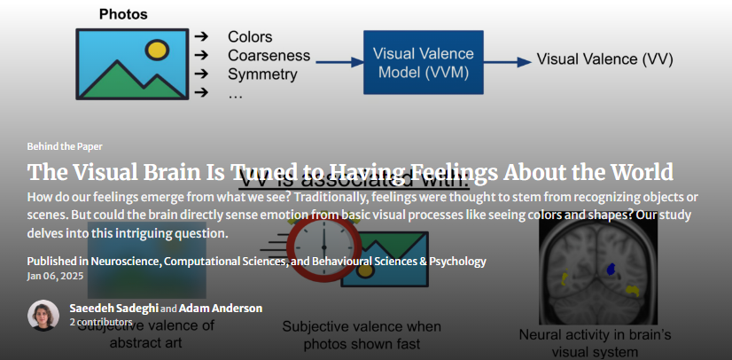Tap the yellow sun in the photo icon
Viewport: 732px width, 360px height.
(x=157, y=48)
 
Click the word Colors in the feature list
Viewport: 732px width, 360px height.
(x=250, y=37)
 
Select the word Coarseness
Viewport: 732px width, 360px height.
(x=269, y=56)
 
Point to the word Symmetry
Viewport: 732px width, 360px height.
(x=262, y=74)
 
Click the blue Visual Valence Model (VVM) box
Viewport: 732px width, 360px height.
(x=423, y=62)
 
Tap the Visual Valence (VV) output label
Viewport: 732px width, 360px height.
(x=604, y=60)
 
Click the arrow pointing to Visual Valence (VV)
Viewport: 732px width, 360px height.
(x=510, y=62)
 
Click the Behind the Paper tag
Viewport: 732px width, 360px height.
(x=65, y=146)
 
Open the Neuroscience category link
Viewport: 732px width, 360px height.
(x=126, y=262)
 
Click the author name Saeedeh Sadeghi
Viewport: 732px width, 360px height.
(x=113, y=308)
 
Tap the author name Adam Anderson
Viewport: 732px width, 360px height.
(x=221, y=308)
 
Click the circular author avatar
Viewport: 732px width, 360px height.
(x=43, y=315)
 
